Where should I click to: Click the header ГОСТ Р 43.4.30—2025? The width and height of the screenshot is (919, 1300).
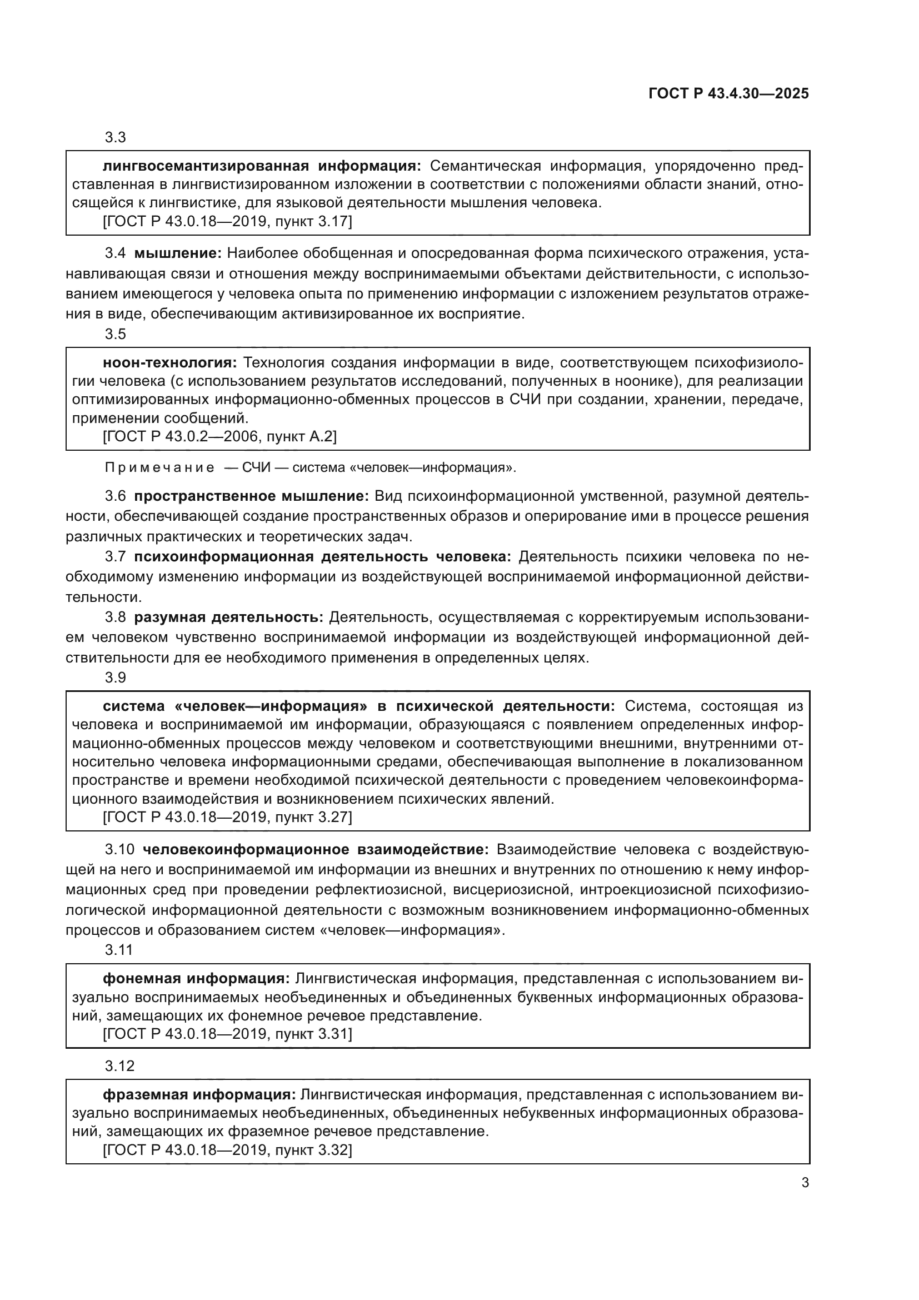click(728, 93)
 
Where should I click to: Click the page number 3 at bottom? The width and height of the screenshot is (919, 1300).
click(805, 1182)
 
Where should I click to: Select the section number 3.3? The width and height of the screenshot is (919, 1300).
click(115, 138)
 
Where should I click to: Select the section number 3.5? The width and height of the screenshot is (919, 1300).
click(115, 334)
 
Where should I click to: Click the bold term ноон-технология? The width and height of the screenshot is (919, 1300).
click(170, 362)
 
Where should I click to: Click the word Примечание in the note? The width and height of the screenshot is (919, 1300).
click(159, 467)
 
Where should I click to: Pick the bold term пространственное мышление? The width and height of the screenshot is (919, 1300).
click(251, 496)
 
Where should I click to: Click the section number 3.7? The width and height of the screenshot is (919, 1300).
click(115, 556)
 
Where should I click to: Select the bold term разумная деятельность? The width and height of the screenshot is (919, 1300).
click(228, 617)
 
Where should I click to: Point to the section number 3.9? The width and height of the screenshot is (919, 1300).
click(115, 678)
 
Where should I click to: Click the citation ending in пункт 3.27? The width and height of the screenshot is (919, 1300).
click(227, 817)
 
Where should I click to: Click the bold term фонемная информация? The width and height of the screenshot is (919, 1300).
click(196, 978)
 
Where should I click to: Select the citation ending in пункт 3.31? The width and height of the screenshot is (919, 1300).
click(227, 1034)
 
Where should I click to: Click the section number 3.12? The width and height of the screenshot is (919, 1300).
click(119, 1066)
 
